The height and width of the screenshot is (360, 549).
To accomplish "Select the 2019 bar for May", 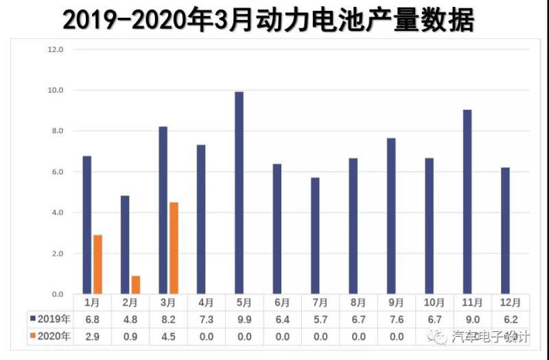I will (239, 193).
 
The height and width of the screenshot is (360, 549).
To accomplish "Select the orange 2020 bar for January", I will (98, 265).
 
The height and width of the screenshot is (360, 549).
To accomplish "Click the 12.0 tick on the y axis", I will (54, 49).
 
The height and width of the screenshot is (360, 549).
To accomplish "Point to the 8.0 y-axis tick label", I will (54, 131).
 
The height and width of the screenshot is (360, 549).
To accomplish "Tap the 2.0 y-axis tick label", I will (54, 254).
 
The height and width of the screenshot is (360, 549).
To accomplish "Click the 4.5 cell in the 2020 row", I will (169, 336).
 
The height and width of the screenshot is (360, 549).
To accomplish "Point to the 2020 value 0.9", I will (131, 336).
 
